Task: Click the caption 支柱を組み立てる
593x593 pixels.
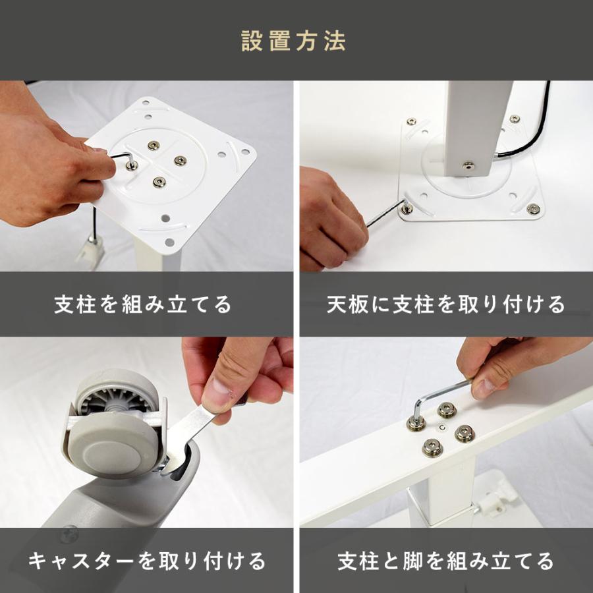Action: coord(142,304)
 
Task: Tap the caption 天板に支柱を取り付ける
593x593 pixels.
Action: coord(446,304)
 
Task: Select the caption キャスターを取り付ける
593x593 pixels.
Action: coord(147,561)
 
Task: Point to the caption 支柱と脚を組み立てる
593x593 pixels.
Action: coord(446,561)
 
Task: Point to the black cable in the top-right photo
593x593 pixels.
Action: coord(534,132)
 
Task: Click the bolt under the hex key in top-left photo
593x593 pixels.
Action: coord(132,165)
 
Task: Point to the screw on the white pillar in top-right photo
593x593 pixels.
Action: coord(468,166)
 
